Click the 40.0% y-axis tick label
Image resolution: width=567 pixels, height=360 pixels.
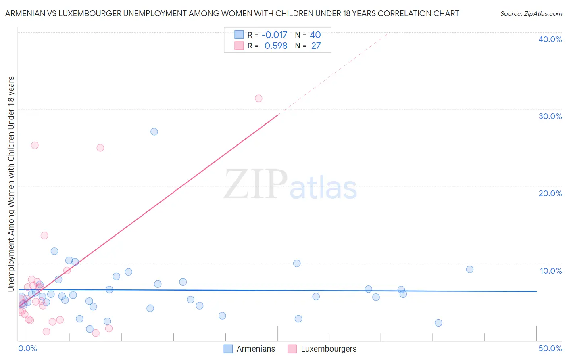click(550, 39)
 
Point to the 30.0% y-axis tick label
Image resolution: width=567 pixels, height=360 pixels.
click(550, 116)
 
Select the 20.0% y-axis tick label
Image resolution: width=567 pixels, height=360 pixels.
click(550, 193)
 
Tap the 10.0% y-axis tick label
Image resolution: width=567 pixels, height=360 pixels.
click(551, 271)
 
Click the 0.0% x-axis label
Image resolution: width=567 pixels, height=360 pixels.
click(27, 348)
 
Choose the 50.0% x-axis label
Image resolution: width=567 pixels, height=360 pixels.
click(550, 348)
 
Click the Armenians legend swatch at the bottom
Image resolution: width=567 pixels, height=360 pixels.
click(228, 349)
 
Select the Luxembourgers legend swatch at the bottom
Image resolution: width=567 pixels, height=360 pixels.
click(292, 349)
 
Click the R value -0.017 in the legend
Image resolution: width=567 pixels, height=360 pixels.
click(274, 35)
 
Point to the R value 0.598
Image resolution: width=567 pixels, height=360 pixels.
click(276, 46)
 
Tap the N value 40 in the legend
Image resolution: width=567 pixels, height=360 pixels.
click(315, 35)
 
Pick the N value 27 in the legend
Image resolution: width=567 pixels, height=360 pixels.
click(316, 46)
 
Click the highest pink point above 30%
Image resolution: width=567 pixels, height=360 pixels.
click(258, 98)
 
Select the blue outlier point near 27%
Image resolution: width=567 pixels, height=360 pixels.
click(154, 132)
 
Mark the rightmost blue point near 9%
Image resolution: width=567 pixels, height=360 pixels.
click(469, 270)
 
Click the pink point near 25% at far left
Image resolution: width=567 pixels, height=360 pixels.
click(35, 145)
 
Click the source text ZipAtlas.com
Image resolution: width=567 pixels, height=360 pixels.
click(531, 14)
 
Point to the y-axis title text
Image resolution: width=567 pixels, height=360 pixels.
click(11, 184)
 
